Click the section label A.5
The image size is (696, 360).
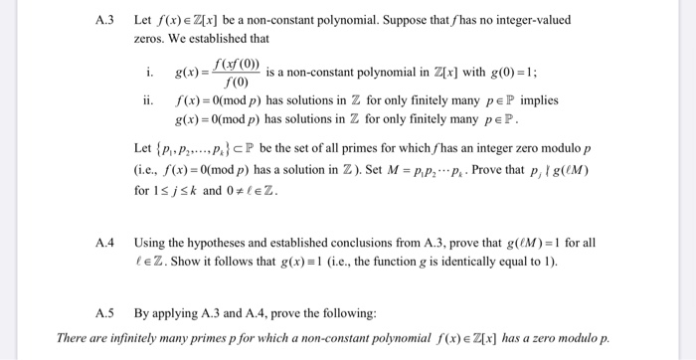click(x=105, y=313)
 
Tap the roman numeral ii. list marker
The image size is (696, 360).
click(x=150, y=100)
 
